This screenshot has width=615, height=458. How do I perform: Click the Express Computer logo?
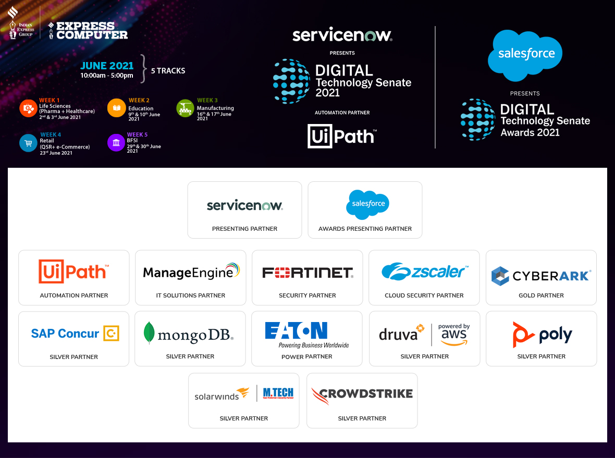(x=88, y=30)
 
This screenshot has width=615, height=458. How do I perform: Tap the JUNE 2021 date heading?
(x=107, y=66)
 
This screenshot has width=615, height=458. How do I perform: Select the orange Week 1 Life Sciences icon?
(x=28, y=108)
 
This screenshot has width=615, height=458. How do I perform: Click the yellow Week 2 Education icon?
(x=116, y=108)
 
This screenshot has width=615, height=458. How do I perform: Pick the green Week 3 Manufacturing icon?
(x=185, y=108)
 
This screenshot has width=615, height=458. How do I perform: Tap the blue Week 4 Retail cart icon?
(x=28, y=143)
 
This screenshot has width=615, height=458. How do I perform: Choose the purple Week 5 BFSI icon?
(x=116, y=143)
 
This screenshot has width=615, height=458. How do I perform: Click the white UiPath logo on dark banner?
(x=342, y=136)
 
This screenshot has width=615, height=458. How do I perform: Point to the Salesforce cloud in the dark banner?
(x=525, y=54)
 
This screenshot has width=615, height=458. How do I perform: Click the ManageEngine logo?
(x=191, y=271)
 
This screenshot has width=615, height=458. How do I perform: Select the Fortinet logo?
(x=308, y=273)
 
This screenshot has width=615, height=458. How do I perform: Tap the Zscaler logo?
(x=424, y=271)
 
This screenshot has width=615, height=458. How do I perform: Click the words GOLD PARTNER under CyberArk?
(x=541, y=295)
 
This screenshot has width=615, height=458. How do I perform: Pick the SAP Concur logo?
(x=75, y=333)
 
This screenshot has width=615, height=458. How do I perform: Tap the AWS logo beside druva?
(x=454, y=335)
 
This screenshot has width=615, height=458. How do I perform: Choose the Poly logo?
(x=542, y=335)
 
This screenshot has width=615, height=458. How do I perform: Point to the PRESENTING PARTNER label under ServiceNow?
(x=244, y=229)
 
